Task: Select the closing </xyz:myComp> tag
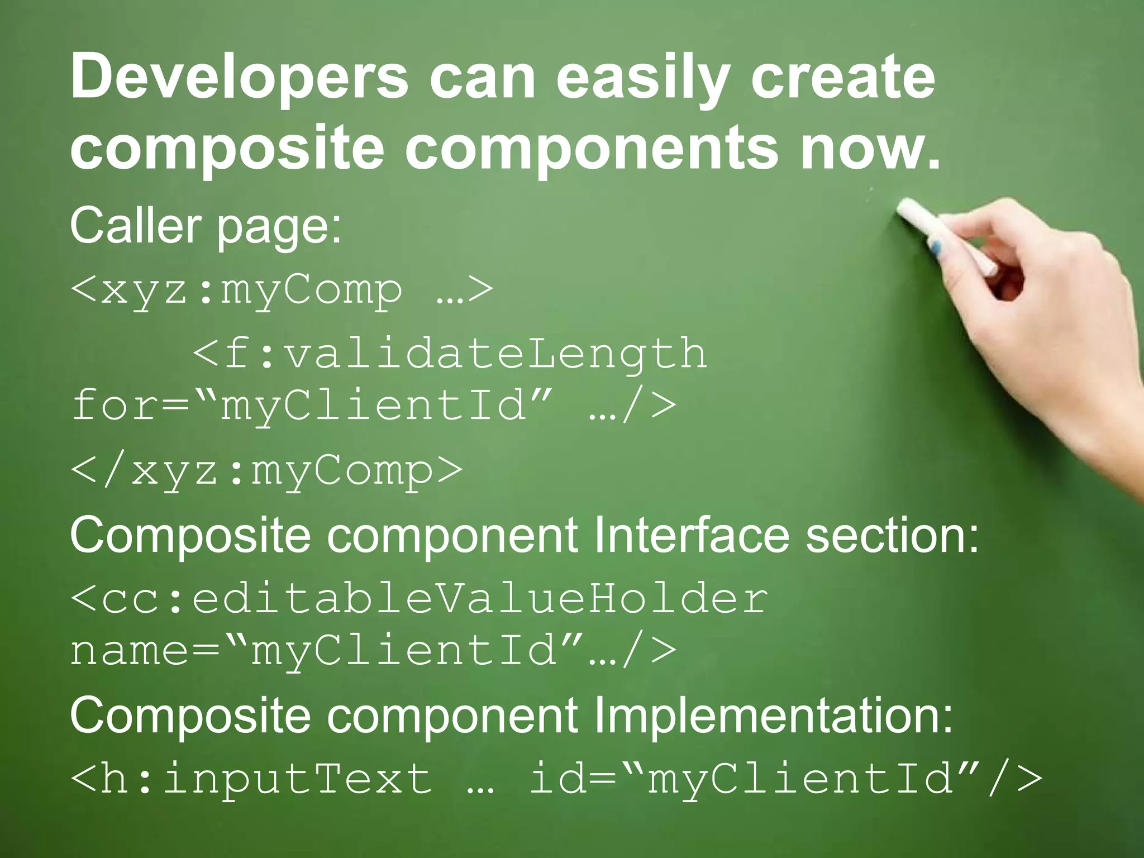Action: pyautogui.click(x=267, y=470)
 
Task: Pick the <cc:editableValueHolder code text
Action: pyautogui.click(x=419, y=599)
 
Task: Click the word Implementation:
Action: pyautogui.click(x=773, y=716)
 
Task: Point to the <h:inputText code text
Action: pyautogui.click(x=251, y=779)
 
